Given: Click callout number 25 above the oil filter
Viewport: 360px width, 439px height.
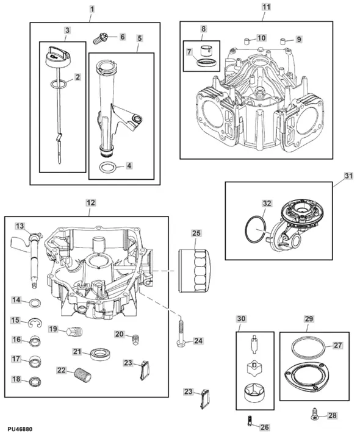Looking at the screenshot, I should pyautogui.click(x=196, y=233).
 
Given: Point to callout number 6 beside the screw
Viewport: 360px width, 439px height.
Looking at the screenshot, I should pyautogui.click(x=122, y=37).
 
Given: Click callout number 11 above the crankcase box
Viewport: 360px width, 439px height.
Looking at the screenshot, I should pyautogui.click(x=266, y=7).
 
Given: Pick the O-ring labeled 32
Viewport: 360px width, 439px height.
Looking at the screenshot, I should pyautogui.click(x=254, y=230).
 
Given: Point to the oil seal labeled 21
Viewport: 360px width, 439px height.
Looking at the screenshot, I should pyautogui.click(x=98, y=353).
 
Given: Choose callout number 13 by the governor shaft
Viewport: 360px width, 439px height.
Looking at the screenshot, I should pyautogui.click(x=20, y=226).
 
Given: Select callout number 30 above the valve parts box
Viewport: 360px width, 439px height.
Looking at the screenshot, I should pyautogui.click(x=242, y=319).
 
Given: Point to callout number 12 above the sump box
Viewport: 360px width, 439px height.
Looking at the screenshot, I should pyautogui.click(x=90, y=202).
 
